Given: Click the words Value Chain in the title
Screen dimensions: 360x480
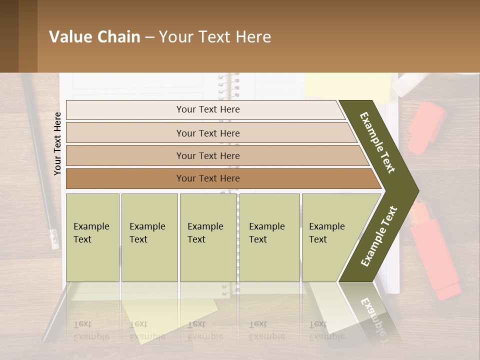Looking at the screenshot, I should (94, 37).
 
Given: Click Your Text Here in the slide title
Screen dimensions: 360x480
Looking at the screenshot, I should (215, 37).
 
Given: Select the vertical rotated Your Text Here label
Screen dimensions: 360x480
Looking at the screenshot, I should (57, 143).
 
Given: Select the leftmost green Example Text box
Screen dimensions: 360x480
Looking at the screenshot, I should (92, 237).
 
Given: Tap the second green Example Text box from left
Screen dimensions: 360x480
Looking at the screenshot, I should (149, 237).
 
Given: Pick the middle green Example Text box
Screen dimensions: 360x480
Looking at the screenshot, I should (208, 237).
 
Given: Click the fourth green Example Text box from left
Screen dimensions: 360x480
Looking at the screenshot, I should (269, 237).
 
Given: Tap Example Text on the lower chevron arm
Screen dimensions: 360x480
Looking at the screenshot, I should (379, 236).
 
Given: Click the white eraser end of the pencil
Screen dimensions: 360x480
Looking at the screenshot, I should (53, 239).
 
